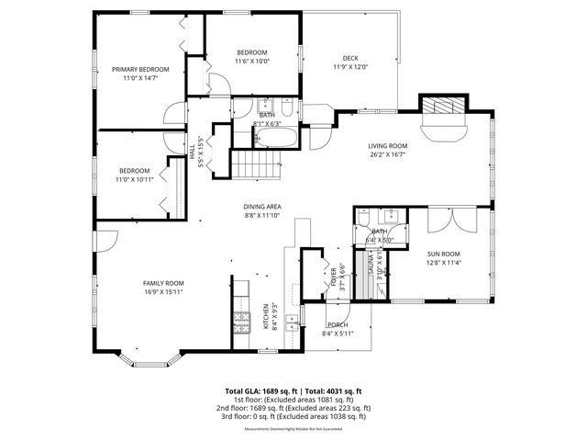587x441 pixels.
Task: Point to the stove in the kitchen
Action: (242, 322)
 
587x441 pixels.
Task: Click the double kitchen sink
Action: (291, 322)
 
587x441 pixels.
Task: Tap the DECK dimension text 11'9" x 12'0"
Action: (349, 67)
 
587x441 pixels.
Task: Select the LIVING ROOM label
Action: (388, 146)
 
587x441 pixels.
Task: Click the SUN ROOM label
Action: (443, 254)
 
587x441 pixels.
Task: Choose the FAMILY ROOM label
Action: (163, 283)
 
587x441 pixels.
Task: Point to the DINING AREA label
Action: (261, 207)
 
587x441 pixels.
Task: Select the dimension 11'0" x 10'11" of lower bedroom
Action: (134, 180)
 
